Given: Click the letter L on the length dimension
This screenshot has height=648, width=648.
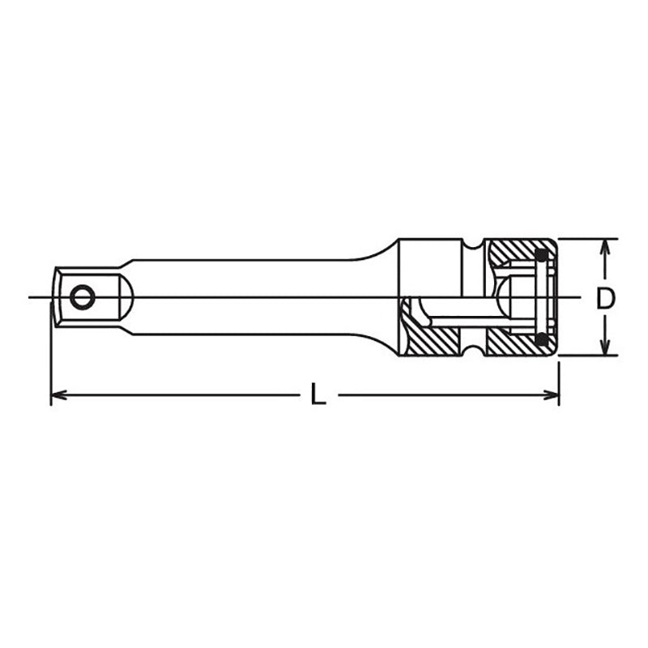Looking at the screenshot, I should coord(318,396).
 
